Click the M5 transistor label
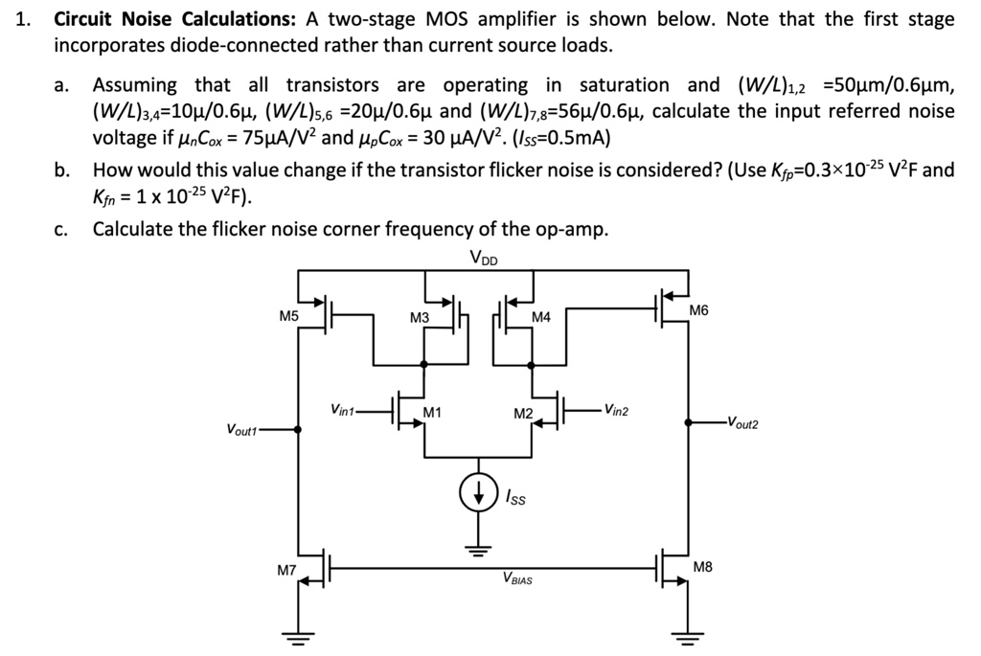(x=289, y=315)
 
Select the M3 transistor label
(x=420, y=318)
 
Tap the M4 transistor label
(x=541, y=318)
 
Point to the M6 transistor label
(x=701, y=310)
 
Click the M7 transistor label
(x=287, y=571)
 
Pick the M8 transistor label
(x=702, y=567)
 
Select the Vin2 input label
(x=614, y=410)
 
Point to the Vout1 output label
(x=242, y=430)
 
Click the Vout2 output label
(x=741, y=422)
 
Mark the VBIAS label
(x=517, y=578)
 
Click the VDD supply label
(x=484, y=257)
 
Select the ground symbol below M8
(x=687, y=634)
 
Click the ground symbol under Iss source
(x=477, y=549)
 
